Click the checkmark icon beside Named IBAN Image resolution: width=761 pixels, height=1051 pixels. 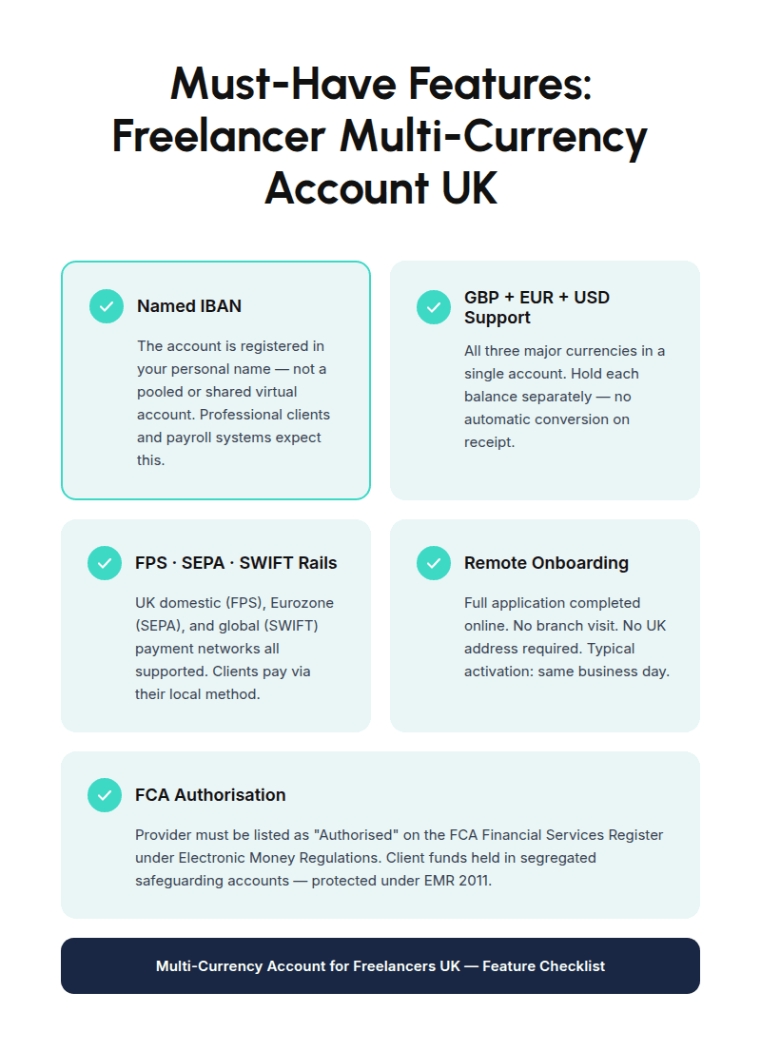point(107,306)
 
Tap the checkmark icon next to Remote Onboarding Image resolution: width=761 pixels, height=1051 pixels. point(434,563)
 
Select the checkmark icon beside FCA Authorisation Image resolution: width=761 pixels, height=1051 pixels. point(105,795)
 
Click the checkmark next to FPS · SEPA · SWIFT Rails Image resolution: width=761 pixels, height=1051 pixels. point(105,563)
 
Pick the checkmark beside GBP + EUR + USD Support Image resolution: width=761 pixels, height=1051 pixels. point(434,307)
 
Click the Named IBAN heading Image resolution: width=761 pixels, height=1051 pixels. point(189,306)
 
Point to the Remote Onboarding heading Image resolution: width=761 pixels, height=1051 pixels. point(546,563)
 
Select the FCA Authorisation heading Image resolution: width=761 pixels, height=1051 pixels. point(210,795)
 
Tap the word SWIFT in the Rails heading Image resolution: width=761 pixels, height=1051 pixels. point(267,563)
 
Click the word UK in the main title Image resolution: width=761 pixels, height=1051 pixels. point(469,187)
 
